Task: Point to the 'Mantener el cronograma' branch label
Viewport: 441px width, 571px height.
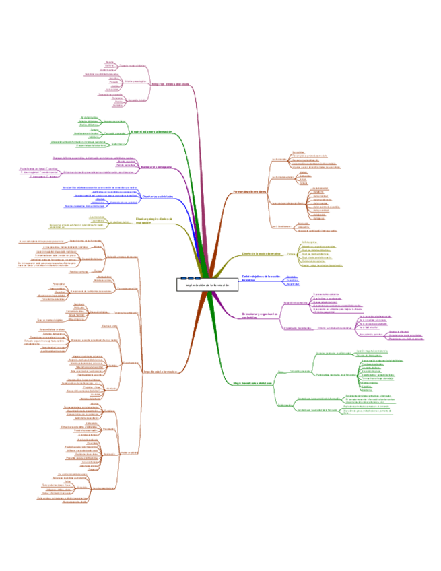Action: tap(160, 166)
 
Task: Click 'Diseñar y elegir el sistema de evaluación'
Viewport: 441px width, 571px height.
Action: tap(154, 220)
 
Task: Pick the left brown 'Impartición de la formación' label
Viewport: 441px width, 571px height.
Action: tap(159, 371)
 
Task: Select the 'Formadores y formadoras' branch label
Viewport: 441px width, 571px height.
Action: tap(250, 192)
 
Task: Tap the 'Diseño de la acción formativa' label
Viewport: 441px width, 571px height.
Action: tap(261, 254)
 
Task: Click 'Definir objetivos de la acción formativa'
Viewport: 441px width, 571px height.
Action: tap(260, 279)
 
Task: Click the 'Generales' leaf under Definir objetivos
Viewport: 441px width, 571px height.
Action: tap(291, 277)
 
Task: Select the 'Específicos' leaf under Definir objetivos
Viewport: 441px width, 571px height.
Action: tap(292, 281)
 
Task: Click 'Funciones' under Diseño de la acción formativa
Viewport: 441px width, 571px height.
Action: tap(291, 254)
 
